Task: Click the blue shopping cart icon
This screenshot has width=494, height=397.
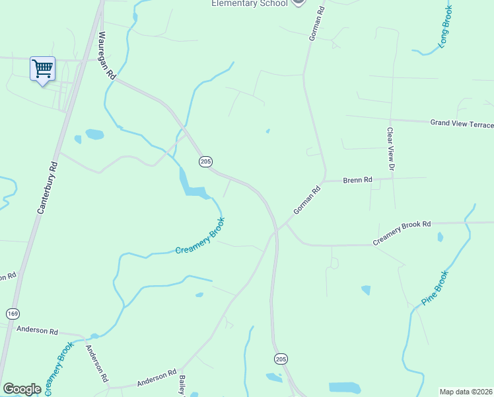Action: [x=43, y=68]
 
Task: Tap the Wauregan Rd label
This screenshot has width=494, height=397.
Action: [x=106, y=56]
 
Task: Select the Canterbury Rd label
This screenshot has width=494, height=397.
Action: [x=48, y=188]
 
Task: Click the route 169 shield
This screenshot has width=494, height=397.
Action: [x=12, y=312]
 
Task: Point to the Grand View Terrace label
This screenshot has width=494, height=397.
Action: [x=462, y=123]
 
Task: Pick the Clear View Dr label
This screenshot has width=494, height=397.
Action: [x=390, y=150]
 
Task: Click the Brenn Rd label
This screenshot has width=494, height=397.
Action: [x=357, y=179]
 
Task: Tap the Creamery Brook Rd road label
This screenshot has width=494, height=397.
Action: [x=402, y=234]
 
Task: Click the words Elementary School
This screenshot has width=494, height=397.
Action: [x=249, y=3]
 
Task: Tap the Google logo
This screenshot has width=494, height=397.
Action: [x=22, y=389]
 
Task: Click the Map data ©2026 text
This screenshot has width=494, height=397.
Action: [x=466, y=392]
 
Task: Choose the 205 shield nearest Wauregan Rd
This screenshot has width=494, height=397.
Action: [x=205, y=161]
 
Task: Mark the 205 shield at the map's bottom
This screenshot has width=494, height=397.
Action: [x=281, y=359]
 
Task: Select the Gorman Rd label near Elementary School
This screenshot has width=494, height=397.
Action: [x=318, y=24]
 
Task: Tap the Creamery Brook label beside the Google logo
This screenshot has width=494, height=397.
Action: [x=57, y=369]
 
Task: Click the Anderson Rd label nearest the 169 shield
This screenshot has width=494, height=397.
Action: [x=38, y=330]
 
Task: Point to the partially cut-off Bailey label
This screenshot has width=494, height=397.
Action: [x=182, y=386]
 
